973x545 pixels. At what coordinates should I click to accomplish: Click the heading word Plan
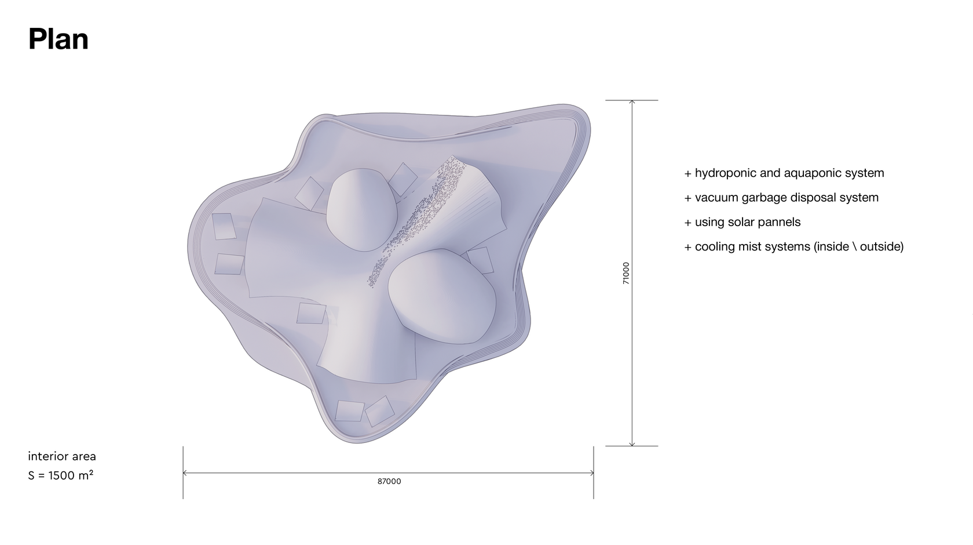pyautogui.click(x=58, y=39)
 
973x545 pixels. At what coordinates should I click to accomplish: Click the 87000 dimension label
pyautogui.click(x=389, y=481)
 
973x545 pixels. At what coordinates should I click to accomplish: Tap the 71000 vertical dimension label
pyautogui.click(x=626, y=273)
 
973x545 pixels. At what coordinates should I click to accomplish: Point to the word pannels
pyautogui.click(x=780, y=222)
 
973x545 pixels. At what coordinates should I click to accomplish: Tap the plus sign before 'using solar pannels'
pyautogui.click(x=687, y=223)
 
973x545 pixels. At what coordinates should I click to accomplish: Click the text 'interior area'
pyautogui.click(x=61, y=456)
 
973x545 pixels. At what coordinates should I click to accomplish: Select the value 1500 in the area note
pyautogui.click(x=61, y=475)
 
